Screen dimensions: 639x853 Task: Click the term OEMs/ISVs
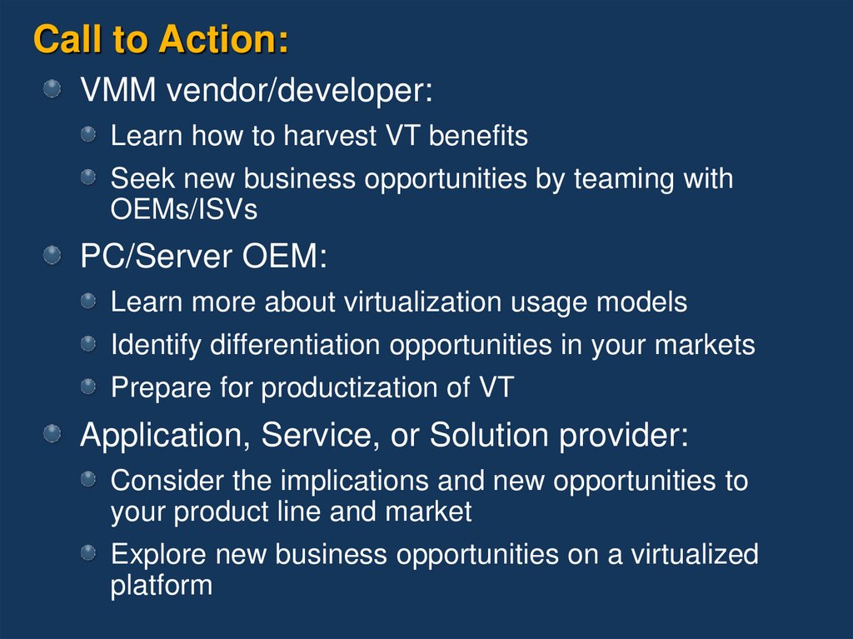[x=184, y=210]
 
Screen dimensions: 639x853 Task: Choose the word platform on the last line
[x=162, y=585]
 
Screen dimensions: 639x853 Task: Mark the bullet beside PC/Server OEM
[x=52, y=255]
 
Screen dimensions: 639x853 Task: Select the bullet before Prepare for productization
[x=88, y=386]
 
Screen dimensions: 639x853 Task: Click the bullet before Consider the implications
[x=88, y=479]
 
